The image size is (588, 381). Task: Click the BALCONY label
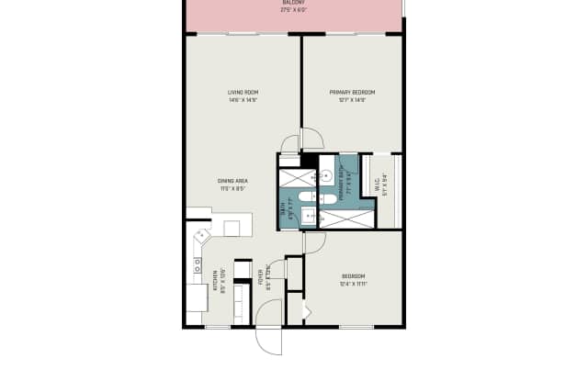pyautogui.click(x=294, y=3)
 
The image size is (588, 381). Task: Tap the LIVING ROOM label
pyautogui.click(x=242, y=93)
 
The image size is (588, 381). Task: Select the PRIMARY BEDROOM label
pyautogui.click(x=353, y=93)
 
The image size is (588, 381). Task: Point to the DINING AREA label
pyautogui.click(x=232, y=180)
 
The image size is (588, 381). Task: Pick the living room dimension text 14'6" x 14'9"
pyautogui.click(x=242, y=100)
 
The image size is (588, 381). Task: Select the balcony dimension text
pyautogui.click(x=294, y=11)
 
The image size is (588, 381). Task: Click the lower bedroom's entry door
pyautogui.click(x=314, y=242)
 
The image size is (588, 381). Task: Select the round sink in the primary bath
pyautogui.click(x=326, y=173)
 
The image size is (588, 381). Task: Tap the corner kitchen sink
pyautogui.click(x=199, y=239)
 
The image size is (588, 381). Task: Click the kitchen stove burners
pyautogui.click(x=197, y=267)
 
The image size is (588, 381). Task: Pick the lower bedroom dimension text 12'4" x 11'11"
pyautogui.click(x=354, y=284)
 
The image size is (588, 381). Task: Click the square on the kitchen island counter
pyautogui.click(x=232, y=226)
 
